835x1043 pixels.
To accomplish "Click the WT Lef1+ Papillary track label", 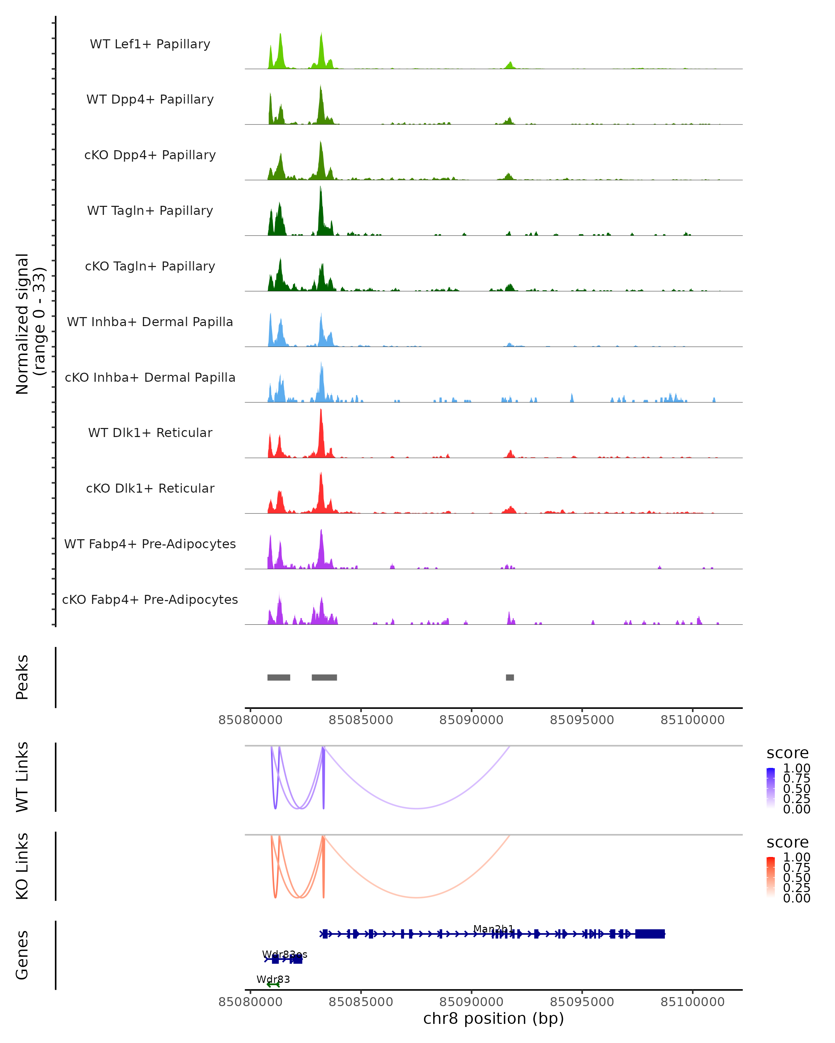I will point(150,45).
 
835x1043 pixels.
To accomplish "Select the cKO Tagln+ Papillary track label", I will point(150,267).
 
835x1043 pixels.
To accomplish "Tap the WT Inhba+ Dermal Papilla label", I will point(150,322).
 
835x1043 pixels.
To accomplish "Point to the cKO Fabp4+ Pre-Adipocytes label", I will point(150,600).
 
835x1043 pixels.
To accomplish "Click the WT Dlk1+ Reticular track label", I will point(150,433).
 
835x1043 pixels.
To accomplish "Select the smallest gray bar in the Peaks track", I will point(510,677).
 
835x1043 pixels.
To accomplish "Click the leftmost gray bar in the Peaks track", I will point(278,677).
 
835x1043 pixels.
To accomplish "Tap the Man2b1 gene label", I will point(493,929).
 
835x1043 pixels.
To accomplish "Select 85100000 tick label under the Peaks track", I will point(692,720).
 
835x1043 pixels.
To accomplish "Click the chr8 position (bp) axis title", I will point(493,1018).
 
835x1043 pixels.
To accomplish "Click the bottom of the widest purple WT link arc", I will point(416,808).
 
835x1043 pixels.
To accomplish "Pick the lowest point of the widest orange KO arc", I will point(416,897).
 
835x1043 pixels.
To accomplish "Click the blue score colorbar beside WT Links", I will point(771,789).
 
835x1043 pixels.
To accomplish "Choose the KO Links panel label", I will point(22,866).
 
